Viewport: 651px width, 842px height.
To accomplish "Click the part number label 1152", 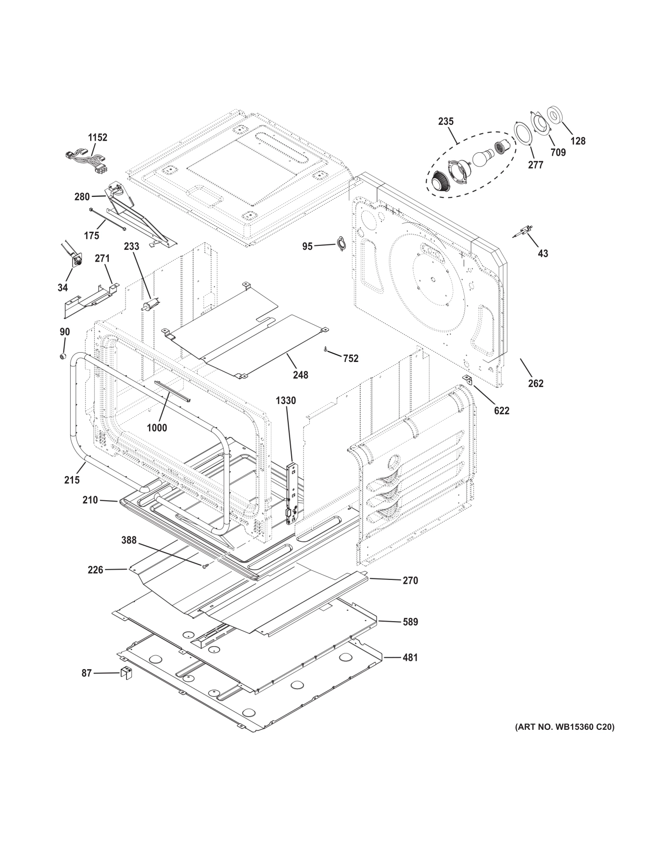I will pyautogui.click(x=98, y=138).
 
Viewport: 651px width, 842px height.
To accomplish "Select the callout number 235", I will pyautogui.click(x=446, y=121).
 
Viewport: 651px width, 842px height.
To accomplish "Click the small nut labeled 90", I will pyautogui.click(x=63, y=355).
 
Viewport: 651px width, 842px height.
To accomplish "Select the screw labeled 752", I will pyautogui.click(x=325, y=349).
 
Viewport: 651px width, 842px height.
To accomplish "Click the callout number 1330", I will pyautogui.click(x=286, y=401).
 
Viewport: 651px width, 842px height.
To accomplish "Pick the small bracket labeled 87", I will pyautogui.click(x=126, y=673).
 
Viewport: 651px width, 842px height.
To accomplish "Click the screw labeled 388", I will pyautogui.click(x=204, y=566).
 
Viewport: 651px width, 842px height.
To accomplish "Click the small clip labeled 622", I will pyautogui.click(x=468, y=380).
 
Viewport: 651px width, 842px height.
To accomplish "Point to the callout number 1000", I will pyautogui.click(x=157, y=428).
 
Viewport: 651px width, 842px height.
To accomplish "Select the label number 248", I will pyautogui.click(x=300, y=375).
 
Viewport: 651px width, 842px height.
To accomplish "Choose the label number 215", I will pyautogui.click(x=72, y=480).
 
